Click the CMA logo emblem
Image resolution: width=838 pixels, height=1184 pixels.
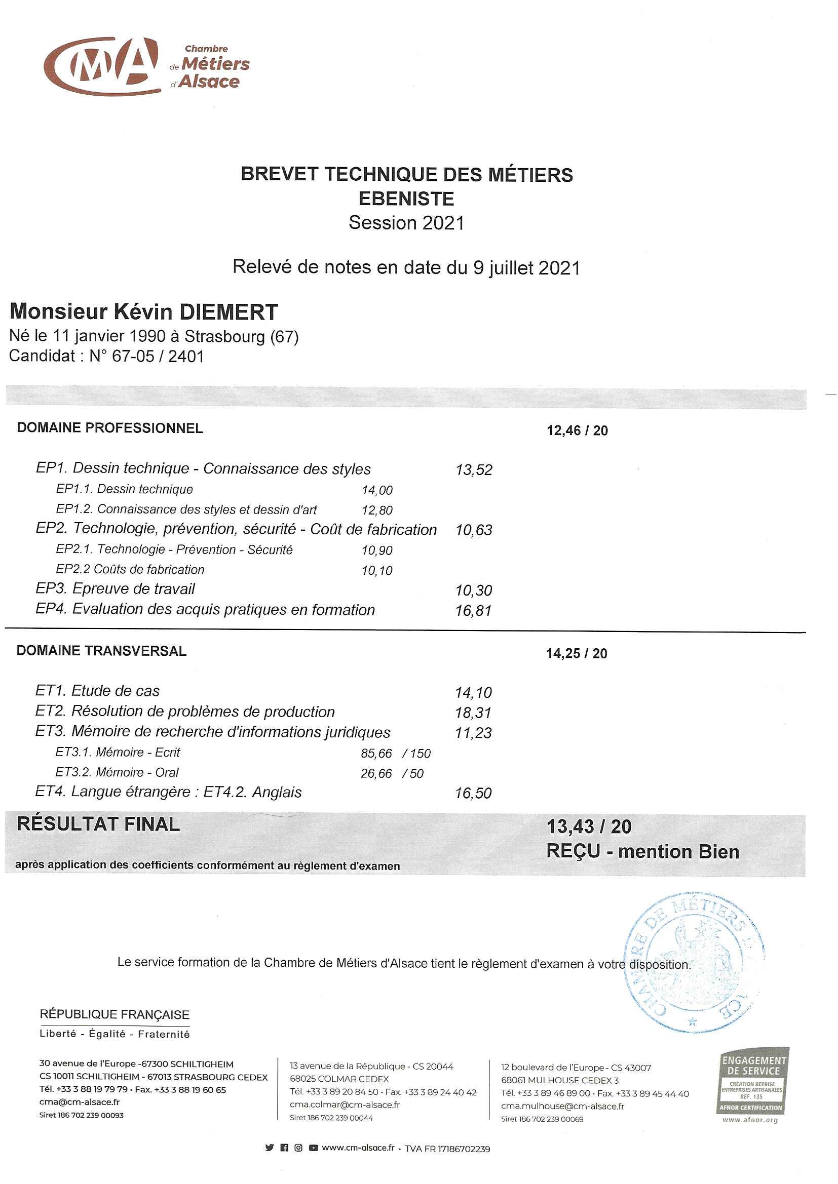click(x=101, y=65)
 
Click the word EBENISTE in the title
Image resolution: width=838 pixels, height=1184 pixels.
click(x=406, y=199)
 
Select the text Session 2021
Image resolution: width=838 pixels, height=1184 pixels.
click(x=406, y=223)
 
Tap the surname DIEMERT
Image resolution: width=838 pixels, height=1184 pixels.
click(x=228, y=312)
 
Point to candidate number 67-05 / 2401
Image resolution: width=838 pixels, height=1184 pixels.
click(x=158, y=357)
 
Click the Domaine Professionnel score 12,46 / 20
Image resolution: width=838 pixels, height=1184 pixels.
click(x=577, y=430)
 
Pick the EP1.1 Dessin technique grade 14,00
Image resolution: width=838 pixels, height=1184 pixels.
click(x=377, y=490)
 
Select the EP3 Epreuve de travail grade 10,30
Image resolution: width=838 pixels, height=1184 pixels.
click(x=474, y=590)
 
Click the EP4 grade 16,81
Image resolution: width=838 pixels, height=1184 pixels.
click(x=474, y=611)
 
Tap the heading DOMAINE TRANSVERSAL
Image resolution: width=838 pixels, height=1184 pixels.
click(x=101, y=651)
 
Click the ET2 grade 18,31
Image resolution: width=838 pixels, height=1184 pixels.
click(x=473, y=713)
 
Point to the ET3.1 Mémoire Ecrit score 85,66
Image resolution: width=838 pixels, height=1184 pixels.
click(x=376, y=754)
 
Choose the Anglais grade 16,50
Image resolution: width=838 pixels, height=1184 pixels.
click(x=473, y=794)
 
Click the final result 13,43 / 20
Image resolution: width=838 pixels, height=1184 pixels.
click(x=589, y=826)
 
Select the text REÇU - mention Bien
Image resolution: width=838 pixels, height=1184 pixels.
click(x=642, y=851)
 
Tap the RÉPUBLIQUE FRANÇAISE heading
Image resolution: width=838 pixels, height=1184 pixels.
click(x=115, y=1015)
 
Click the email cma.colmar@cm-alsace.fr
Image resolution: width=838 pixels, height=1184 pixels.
click(x=345, y=1105)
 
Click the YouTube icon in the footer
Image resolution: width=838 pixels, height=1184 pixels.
click(x=313, y=1148)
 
